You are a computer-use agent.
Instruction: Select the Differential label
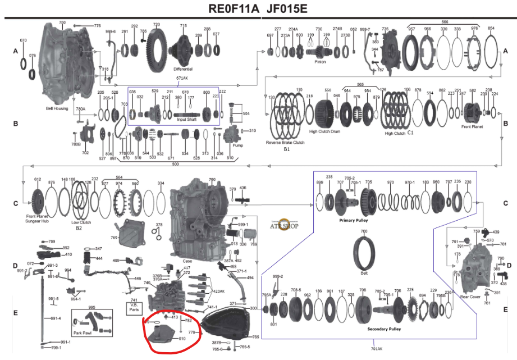[x=182, y=69]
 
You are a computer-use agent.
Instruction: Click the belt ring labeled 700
[x=364, y=250]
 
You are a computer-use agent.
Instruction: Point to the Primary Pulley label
[x=354, y=221]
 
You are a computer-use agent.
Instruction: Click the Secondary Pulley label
[x=385, y=328]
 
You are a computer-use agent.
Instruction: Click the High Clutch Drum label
[x=325, y=131]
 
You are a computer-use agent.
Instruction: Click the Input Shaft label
[x=187, y=119]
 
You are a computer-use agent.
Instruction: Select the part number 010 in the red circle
[x=182, y=339]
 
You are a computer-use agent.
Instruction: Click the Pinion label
[x=320, y=62]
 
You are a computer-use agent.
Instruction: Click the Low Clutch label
[x=82, y=222]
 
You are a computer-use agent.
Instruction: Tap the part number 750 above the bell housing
[x=62, y=22]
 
